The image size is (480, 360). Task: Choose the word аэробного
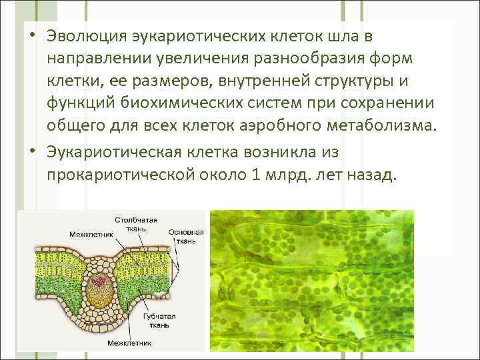(262, 126)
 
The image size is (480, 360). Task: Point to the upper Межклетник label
(88, 234)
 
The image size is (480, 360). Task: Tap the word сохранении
(387, 103)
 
